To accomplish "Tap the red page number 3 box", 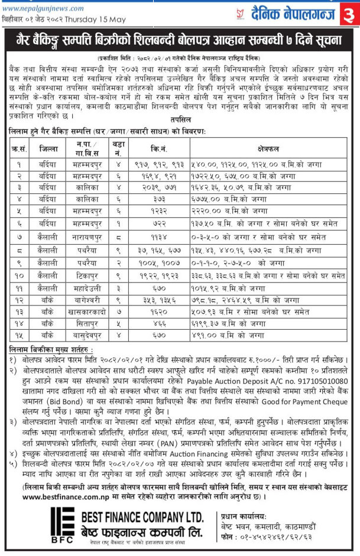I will click(x=349, y=12).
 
